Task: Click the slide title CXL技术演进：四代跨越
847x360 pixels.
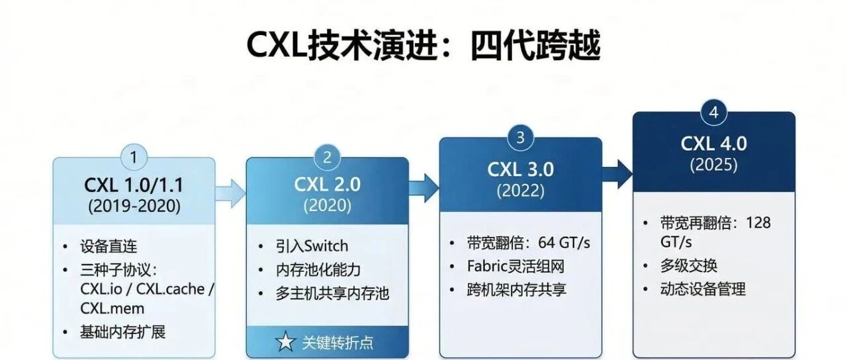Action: click(423, 46)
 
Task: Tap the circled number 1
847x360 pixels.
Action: click(134, 158)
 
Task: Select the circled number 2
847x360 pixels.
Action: click(328, 158)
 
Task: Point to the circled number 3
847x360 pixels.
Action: click(521, 138)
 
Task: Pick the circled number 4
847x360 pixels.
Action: click(713, 112)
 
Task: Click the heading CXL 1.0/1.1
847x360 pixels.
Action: click(134, 184)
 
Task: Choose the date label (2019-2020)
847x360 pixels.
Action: click(134, 206)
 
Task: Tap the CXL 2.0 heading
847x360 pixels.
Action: click(328, 184)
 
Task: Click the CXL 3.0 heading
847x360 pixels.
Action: click(521, 169)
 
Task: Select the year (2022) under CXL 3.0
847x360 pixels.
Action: click(521, 191)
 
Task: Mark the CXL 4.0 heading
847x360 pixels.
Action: click(713, 143)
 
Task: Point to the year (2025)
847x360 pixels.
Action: click(713, 165)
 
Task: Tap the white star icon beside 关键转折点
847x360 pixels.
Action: click(285, 342)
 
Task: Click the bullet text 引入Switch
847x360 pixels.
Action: click(312, 246)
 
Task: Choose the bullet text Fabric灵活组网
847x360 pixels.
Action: click(517, 266)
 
